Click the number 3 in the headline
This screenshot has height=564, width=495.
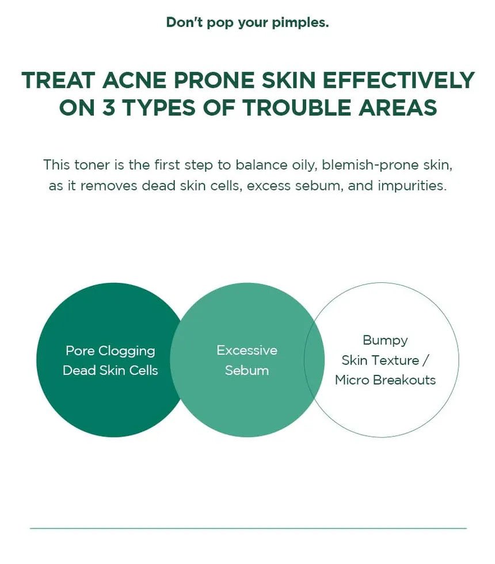(108, 107)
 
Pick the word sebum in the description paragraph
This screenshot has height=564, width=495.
(319, 186)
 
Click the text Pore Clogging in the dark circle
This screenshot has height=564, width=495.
(110, 351)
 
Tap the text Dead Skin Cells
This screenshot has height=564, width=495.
(110, 370)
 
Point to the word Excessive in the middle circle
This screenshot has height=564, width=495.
(247, 350)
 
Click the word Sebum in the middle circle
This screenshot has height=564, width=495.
(247, 370)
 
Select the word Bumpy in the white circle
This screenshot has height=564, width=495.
(385, 340)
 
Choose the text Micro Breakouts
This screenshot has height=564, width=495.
(385, 380)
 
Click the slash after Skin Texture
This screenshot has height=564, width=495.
(425, 360)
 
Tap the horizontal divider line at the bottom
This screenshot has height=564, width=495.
(248, 528)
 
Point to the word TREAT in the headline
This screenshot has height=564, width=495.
(58, 80)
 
